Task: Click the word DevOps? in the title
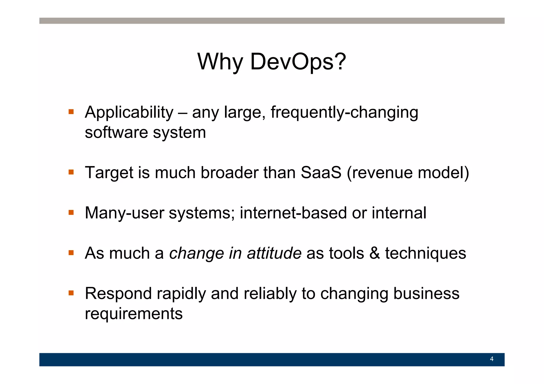298,62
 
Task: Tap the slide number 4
492,359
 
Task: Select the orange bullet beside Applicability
71,111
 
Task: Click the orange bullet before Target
71,172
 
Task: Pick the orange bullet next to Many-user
71,212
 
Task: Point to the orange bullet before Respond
71,293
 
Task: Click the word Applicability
129,113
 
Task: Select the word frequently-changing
344,113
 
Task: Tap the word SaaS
321,172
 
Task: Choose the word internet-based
293,213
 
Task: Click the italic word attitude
274,253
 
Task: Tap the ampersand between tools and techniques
375,253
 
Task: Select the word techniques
426,253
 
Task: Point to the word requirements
134,314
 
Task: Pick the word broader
229,172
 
